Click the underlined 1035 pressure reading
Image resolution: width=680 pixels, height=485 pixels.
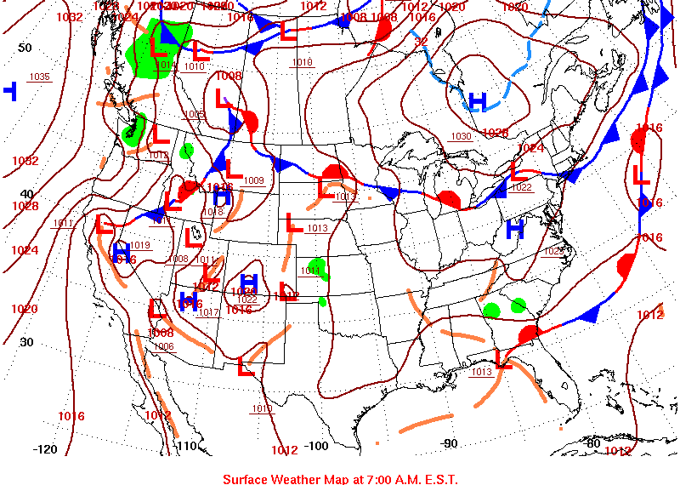pos(39,77)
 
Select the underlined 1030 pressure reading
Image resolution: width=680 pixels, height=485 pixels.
pos(461,136)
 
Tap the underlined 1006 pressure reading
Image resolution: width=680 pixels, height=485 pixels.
pos(163,346)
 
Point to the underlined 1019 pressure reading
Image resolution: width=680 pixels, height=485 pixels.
pos(140,245)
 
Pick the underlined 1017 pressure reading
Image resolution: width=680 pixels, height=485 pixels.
pos(208,312)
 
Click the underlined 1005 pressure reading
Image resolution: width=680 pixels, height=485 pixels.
pos(195,114)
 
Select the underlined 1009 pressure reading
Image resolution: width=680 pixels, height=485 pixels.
pos(253,180)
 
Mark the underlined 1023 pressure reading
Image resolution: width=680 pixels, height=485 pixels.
pos(553,251)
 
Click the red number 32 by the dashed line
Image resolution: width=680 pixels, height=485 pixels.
pos(421,40)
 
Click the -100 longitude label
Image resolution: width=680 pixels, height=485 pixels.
pos(315,446)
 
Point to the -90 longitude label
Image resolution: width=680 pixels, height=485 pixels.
pos(449,442)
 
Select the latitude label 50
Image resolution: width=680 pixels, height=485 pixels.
pos(25,48)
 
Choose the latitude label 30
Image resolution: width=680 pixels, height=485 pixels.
pos(26,342)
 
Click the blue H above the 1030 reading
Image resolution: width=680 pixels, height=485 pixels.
pos(478,102)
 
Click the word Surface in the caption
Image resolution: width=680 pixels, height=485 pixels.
pos(246,479)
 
